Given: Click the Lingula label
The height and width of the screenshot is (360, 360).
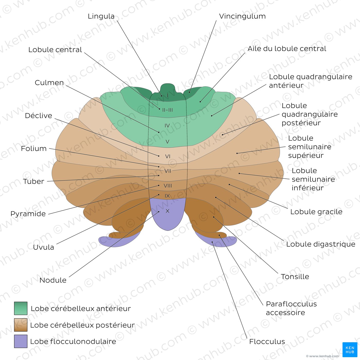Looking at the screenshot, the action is tap(101, 16).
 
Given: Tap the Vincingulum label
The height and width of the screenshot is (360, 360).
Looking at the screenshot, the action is tap(242, 16).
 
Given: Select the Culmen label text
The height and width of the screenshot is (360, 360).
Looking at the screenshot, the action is tap(49, 83).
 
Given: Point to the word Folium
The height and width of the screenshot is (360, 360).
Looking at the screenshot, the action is tap(34, 149).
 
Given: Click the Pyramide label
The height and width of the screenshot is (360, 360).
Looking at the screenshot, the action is tap(28, 214).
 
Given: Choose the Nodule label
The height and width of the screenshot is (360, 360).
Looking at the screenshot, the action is tap(53, 280).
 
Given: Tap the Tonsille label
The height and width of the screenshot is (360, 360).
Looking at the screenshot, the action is tap(295, 276).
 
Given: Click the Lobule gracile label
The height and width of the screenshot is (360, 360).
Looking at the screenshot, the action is tap(316, 212).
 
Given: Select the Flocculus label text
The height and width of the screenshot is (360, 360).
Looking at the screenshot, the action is tap(267, 341).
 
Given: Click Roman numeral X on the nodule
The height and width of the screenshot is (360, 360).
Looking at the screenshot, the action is tap(167, 211).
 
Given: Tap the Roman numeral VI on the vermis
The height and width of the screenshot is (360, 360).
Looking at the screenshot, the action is tap(168, 156).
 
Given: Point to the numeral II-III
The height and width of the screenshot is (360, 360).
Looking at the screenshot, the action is tap(167, 110).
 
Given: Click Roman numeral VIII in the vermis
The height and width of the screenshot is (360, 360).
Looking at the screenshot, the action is tap(168, 186).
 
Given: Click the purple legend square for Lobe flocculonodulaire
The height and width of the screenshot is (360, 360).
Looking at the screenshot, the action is tap(21, 341).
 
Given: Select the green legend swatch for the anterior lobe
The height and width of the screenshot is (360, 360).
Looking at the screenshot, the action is tap(21, 308).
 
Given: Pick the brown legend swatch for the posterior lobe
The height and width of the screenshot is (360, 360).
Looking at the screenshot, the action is tap(21, 325).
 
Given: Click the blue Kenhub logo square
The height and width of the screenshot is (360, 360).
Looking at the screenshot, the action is tap(350, 349).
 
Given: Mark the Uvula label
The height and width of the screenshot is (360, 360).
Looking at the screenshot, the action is tap(43, 247).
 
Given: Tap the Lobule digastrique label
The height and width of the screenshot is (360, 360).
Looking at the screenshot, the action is tap(321, 244).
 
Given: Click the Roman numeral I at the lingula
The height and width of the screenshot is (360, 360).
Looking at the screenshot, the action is tap(167, 96).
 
